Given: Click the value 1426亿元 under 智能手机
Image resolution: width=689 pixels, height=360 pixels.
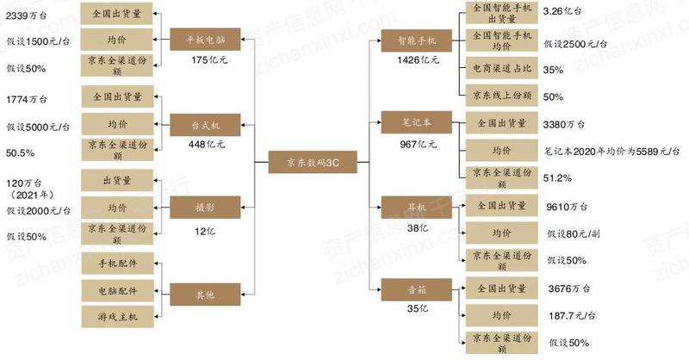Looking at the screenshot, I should click(x=418, y=60).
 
